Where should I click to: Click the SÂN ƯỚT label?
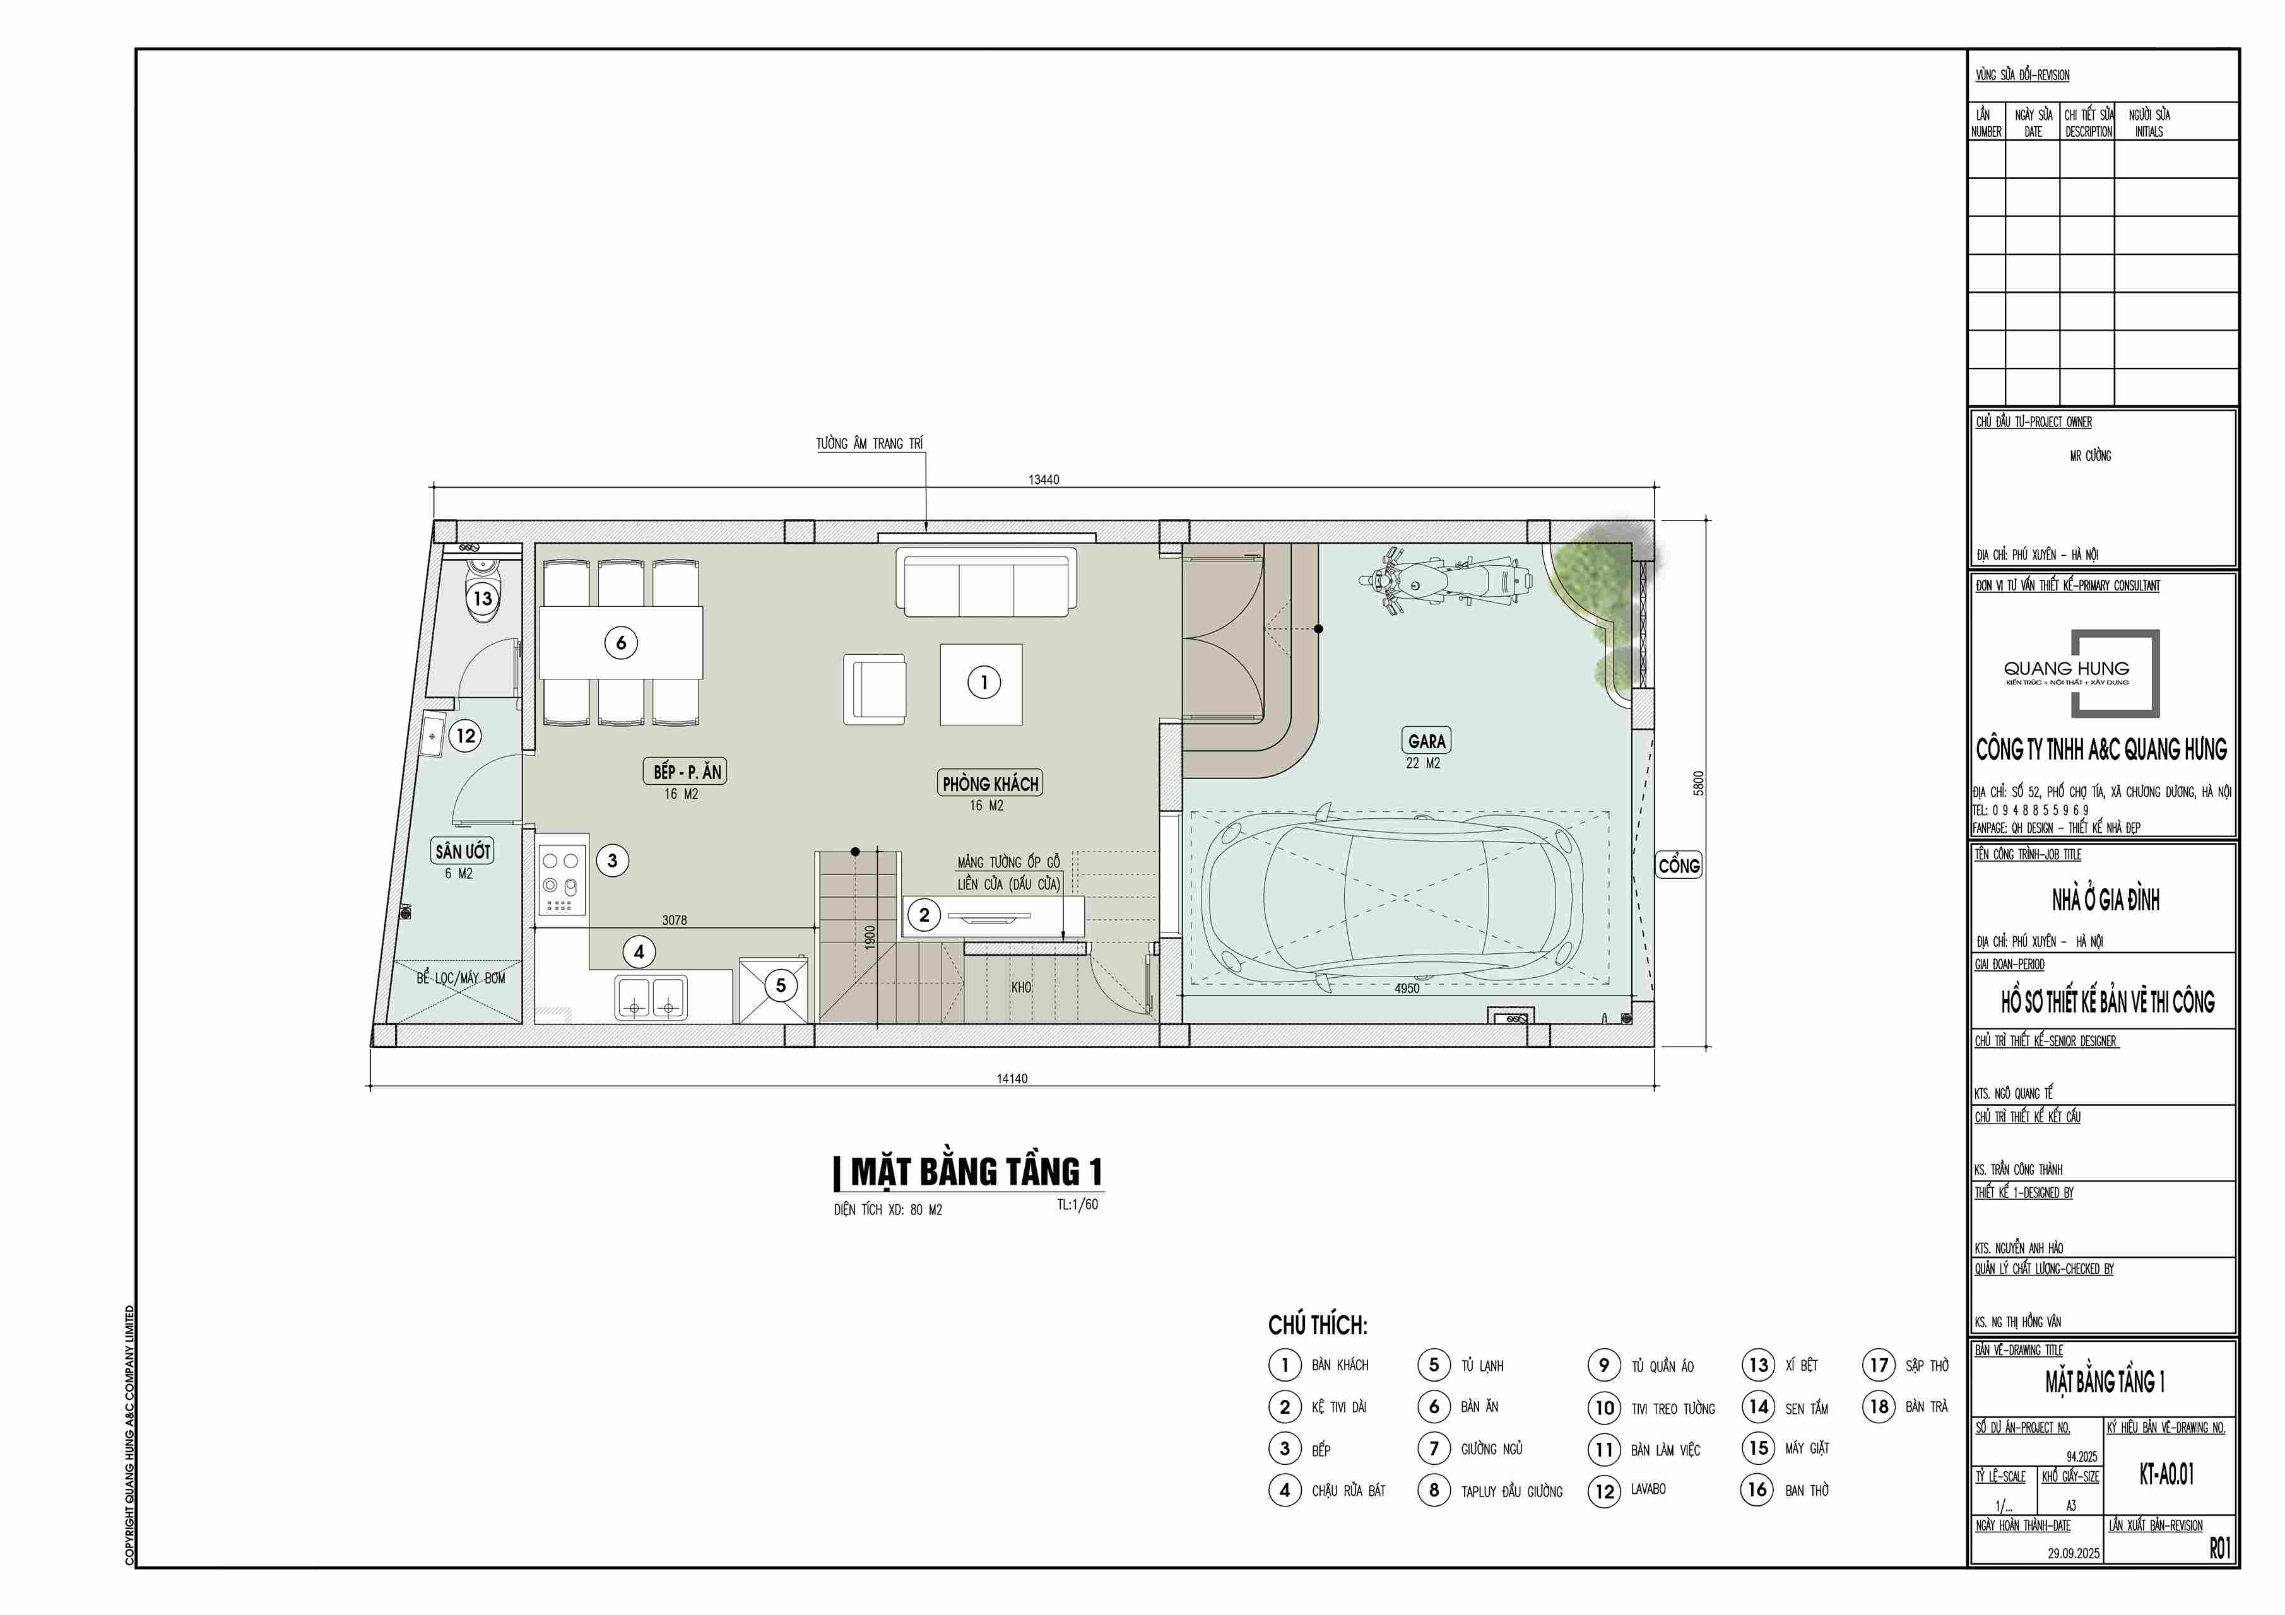463,851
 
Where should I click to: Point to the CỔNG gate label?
1679,865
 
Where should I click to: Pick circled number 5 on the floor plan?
780,985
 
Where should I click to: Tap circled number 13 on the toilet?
483,598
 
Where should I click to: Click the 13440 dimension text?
1044,479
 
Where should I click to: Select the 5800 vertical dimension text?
1699,783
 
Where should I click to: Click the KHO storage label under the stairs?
1021,987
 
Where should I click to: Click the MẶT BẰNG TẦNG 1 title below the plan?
976,1172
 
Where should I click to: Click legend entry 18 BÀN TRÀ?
1906,1407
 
